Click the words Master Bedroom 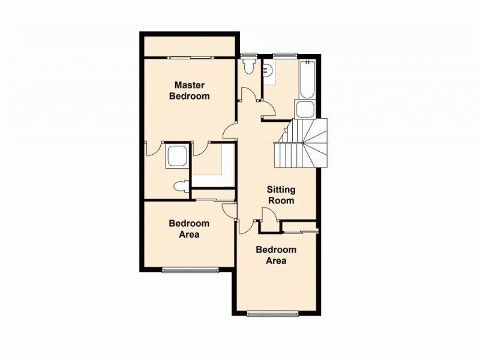click(x=189, y=90)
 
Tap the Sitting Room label click(x=281, y=195)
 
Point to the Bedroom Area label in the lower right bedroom click(x=276, y=256)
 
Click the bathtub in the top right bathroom click(x=307, y=80)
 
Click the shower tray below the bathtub click(x=304, y=110)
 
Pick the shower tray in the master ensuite click(x=178, y=156)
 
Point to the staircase click(x=303, y=144)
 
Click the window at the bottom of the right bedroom click(x=272, y=313)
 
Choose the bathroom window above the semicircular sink click(x=284, y=56)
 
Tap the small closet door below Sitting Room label click(x=268, y=217)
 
